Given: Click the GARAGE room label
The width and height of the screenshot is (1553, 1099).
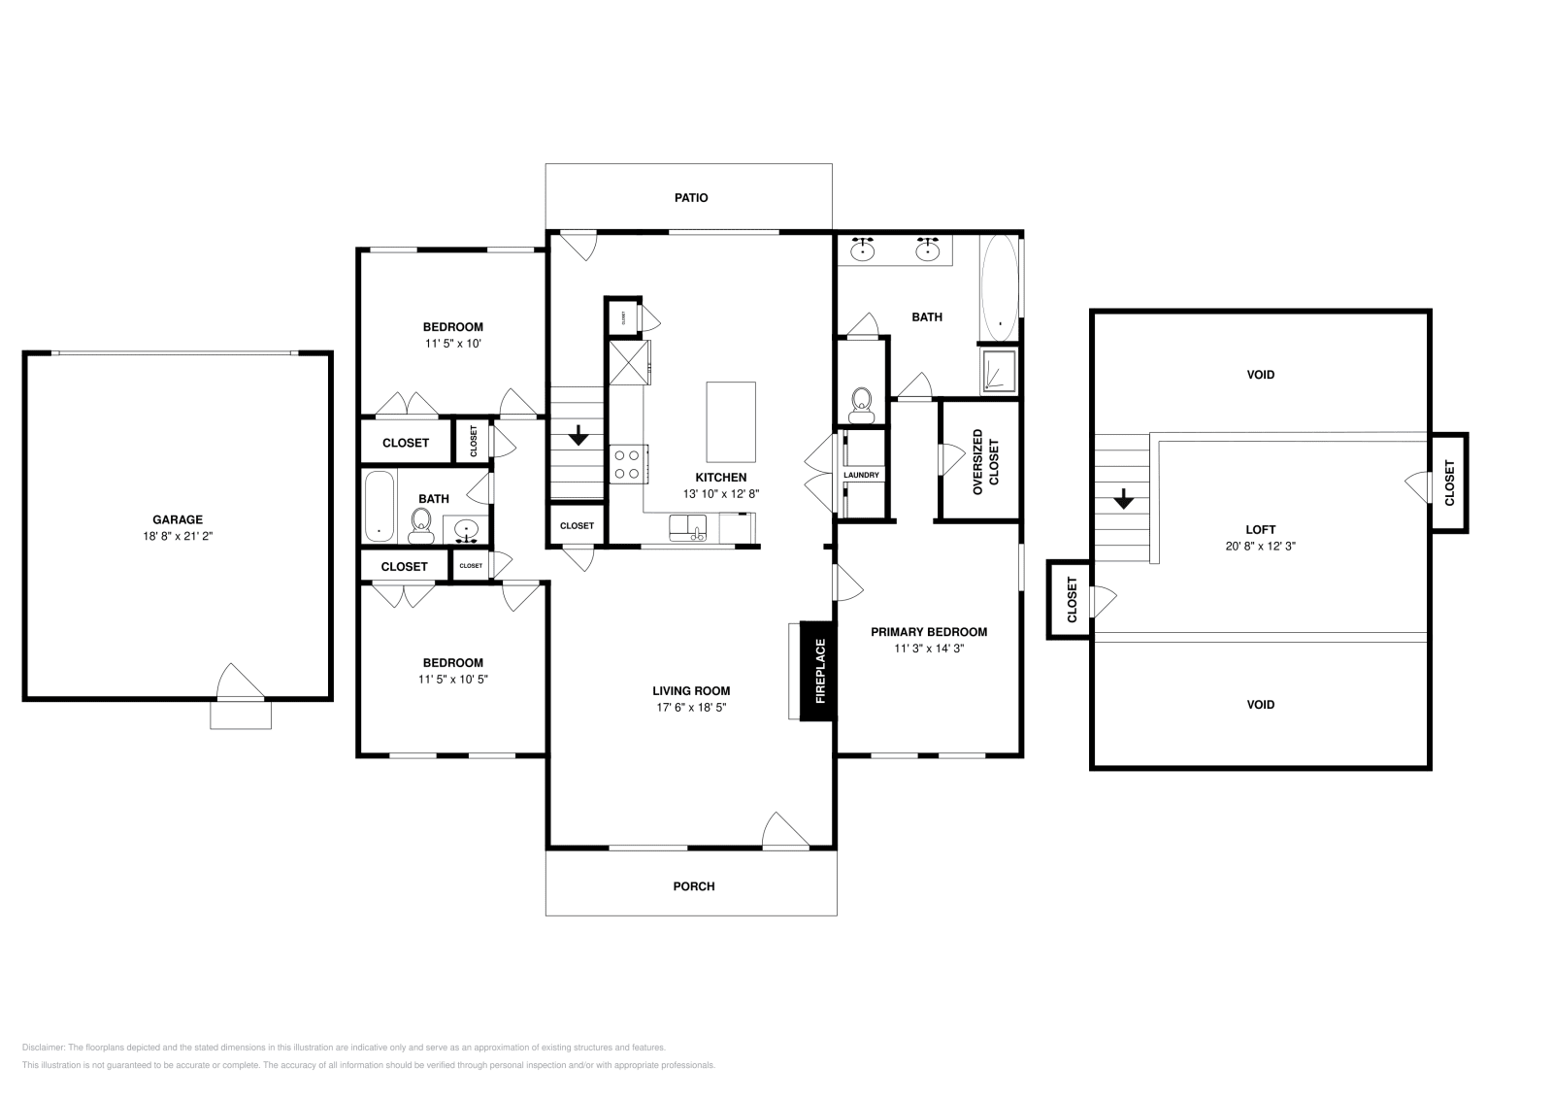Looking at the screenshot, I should pyautogui.click(x=178, y=519).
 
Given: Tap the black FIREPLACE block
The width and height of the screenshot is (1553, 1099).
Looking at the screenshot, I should pyautogui.click(x=817, y=671).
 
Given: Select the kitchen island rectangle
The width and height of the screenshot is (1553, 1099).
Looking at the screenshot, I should pyautogui.click(x=731, y=421).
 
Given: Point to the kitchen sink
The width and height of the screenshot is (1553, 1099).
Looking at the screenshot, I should pyautogui.click(x=688, y=528).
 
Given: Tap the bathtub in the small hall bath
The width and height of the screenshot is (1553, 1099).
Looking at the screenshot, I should pyautogui.click(x=379, y=507).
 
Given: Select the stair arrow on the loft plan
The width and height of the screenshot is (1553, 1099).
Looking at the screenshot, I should pyautogui.click(x=1123, y=499).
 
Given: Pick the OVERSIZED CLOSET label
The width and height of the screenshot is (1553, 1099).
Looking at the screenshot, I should pyautogui.click(x=985, y=461).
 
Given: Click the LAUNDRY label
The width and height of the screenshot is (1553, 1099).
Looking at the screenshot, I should pyautogui.click(x=861, y=475).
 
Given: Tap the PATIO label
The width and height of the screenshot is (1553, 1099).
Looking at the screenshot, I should pyautogui.click(x=691, y=197).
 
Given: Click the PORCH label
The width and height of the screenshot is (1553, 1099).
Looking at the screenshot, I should pyautogui.click(x=693, y=885).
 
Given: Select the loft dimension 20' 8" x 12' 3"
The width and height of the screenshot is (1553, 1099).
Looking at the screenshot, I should pyautogui.click(x=1260, y=546).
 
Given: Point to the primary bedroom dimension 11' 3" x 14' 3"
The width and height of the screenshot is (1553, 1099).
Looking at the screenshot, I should pyautogui.click(x=929, y=648).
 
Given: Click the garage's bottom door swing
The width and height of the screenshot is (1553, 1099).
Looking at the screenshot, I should pyautogui.click(x=239, y=682).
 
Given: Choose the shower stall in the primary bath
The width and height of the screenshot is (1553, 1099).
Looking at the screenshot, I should pyautogui.click(x=999, y=371).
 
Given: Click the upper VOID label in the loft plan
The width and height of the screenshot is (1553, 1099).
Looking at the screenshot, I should pyautogui.click(x=1260, y=374).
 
